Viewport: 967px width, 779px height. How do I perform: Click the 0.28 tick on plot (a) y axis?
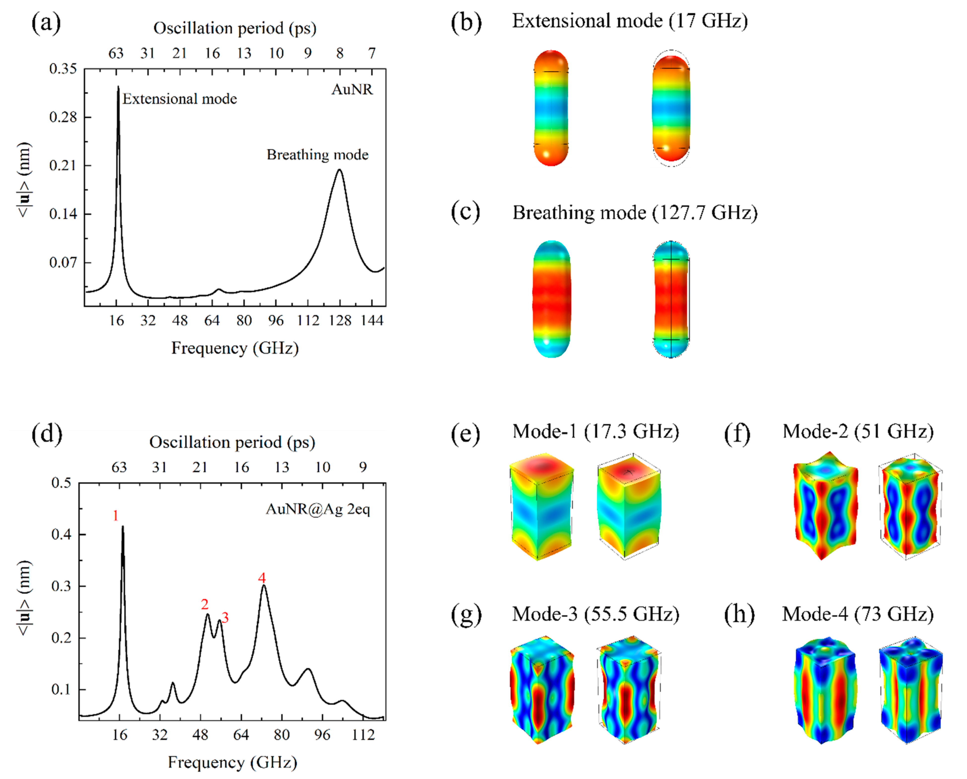[63, 117]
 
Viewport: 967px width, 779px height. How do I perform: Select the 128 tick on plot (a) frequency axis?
[339, 320]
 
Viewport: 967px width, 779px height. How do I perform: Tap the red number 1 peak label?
[116, 516]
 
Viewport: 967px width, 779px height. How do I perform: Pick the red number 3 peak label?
[225, 618]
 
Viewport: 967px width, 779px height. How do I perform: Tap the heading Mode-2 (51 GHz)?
[858, 432]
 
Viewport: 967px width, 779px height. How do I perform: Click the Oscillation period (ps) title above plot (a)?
[234, 28]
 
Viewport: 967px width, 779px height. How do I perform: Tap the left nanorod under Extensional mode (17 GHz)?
[551, 108]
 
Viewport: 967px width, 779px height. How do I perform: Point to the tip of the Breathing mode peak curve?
[339, 170]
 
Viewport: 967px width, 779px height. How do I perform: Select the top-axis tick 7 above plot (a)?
[371, 53]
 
